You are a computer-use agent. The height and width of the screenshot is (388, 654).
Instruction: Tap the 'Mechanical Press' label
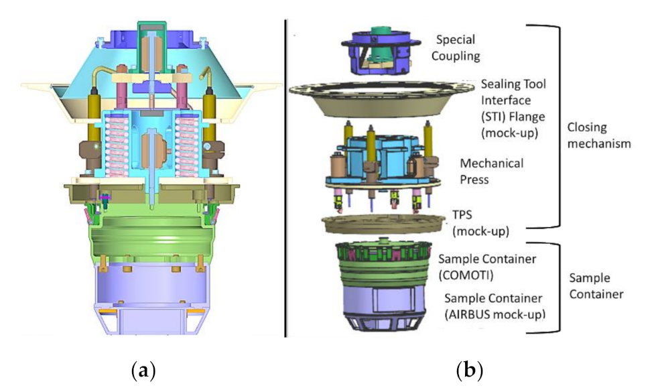click(x=492, y=171)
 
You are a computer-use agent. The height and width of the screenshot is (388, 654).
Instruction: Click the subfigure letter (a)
click(x=145, y=369)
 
